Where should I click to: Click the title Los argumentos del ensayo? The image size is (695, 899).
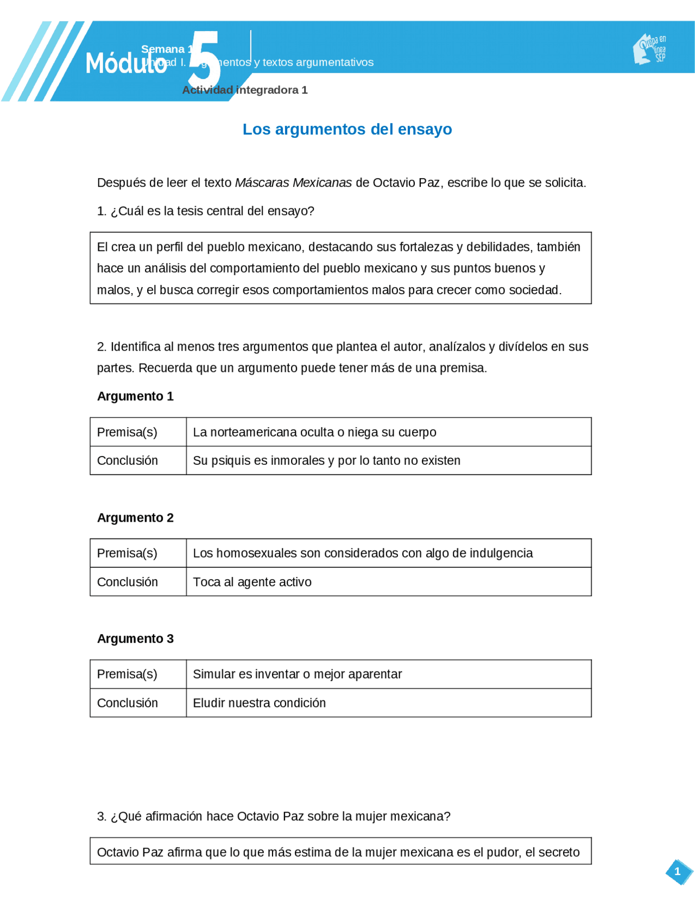(347, 129)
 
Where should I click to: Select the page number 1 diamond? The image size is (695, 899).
(678, 871)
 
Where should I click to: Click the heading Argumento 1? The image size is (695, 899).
(135, 396)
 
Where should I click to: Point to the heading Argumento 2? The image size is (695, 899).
(135, 517)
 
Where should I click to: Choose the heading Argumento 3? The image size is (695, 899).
(135, 638)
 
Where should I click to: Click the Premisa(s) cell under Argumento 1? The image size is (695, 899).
(127, 432)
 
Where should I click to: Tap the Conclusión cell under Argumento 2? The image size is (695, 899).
(127, 582)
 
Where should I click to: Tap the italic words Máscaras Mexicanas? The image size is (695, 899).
(293, 183)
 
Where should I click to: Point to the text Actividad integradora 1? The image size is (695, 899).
(245, 90)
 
